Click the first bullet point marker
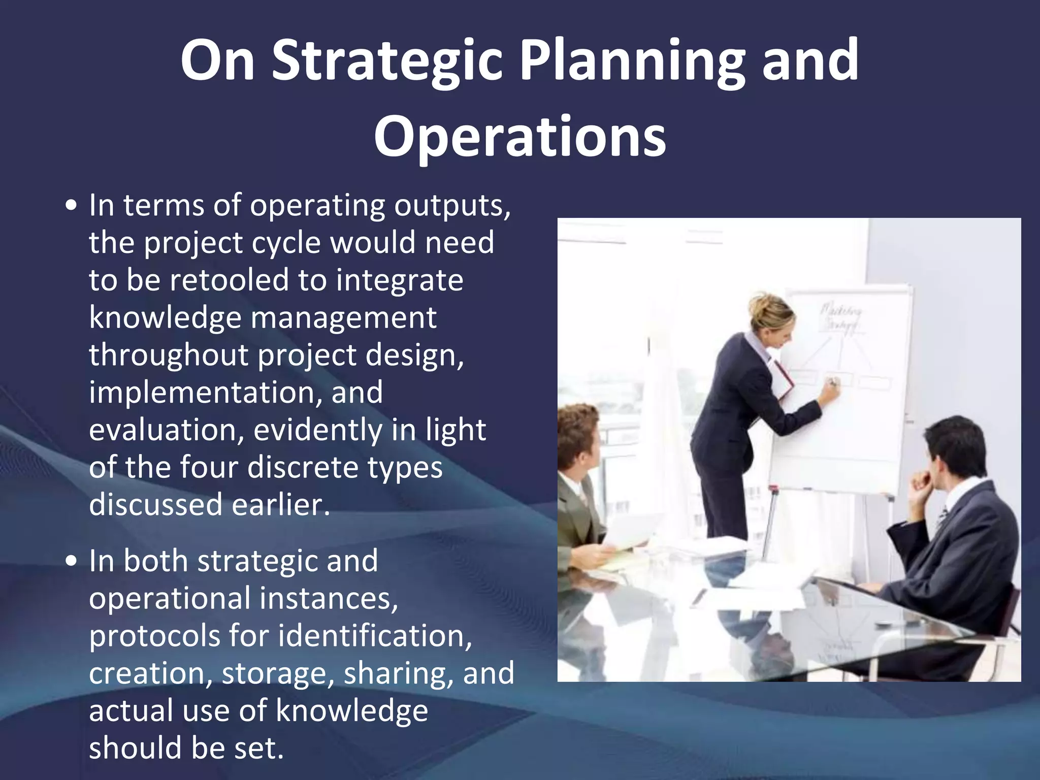tap(72, 207)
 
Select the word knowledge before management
tap(165, 318)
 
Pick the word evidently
tap(317, 430)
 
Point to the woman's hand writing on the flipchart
tap(830, 392)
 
